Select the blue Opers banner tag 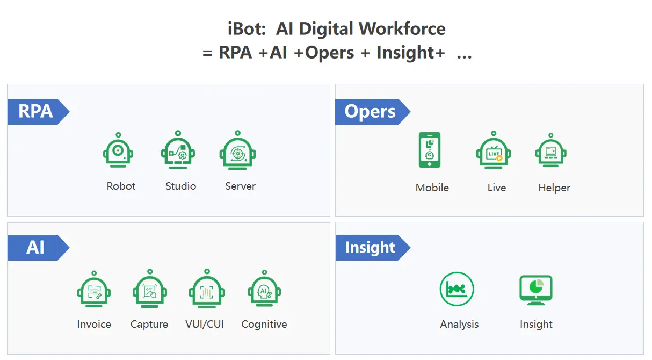[371, 112]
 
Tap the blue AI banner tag [36, 248]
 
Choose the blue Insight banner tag [371, 248]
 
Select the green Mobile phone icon [429, 150]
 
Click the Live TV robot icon [493, 152]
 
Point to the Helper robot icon [551, 152]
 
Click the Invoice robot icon [94, 291]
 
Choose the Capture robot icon [149, 291]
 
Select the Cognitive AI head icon [264, 291]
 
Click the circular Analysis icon [457, 289]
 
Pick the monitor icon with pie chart [536, 290]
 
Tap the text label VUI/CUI [205, 325]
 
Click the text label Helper [554, 188]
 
